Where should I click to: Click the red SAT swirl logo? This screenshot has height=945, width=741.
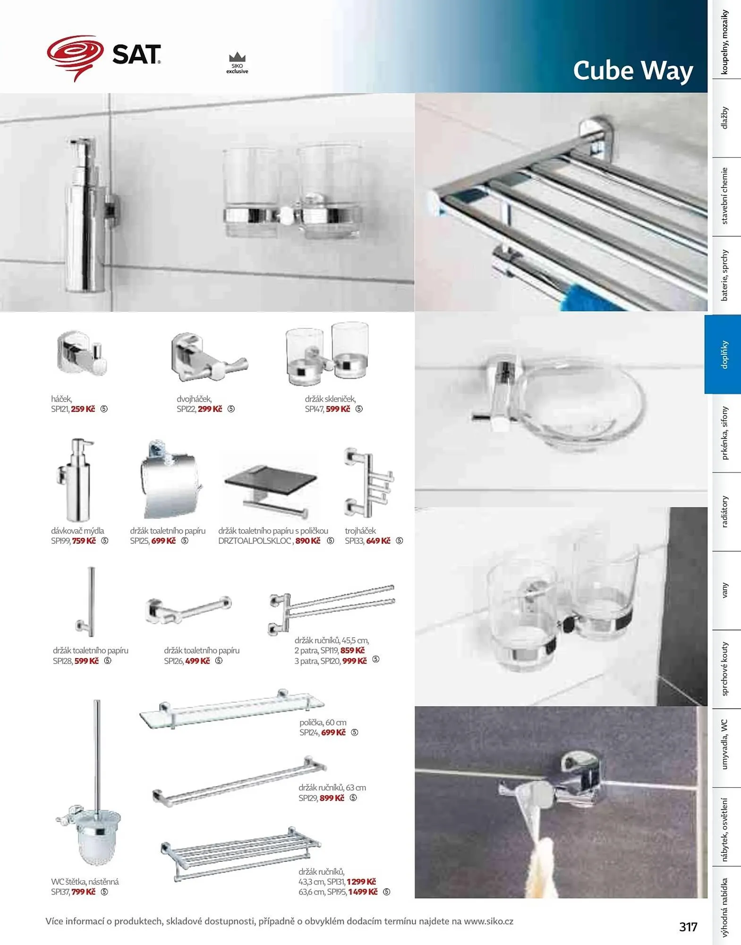75,57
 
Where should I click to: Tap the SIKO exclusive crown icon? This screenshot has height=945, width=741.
237,57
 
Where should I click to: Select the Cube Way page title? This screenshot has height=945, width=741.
633,71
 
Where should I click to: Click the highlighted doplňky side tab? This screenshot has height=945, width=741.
723,354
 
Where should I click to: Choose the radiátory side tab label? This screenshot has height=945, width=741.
724,512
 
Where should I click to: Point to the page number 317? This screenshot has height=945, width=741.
688,927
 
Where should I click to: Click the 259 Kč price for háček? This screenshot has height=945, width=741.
83,409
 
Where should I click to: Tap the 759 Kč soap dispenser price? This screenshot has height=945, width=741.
84,541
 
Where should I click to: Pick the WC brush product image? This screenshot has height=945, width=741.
91,783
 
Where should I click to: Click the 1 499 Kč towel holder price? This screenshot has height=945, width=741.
363,892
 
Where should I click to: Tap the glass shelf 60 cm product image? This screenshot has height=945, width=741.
231,709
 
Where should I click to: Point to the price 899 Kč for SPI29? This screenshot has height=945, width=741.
332,798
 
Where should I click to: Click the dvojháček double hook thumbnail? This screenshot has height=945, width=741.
208,358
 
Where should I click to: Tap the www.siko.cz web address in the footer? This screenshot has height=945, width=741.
488,921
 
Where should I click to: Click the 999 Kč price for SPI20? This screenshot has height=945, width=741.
355,661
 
